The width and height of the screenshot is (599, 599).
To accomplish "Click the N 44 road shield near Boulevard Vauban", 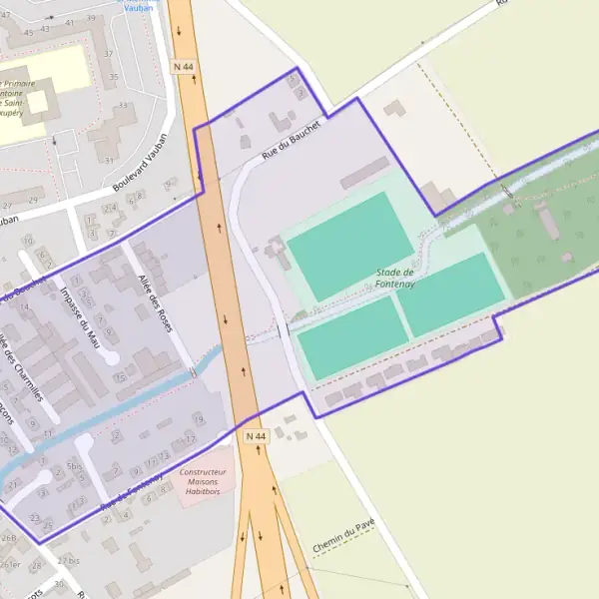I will pyautogui.click(x=183, y=66).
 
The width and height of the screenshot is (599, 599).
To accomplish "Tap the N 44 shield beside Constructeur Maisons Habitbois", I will pyautogui.click(x=256, y=437).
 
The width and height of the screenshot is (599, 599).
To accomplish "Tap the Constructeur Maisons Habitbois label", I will pyautogui.click(x=203, y=480).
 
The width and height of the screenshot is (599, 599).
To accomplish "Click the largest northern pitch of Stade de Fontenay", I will pyautogui.click(x=349, y=246).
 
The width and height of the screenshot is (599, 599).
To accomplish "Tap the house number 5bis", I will pyautogui.click(x=74, y=466).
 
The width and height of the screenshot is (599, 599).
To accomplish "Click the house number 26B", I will pyautogui.click(x=9, y=538).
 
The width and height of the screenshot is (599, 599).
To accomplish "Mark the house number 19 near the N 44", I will pyautogui.click(x=198, y=420).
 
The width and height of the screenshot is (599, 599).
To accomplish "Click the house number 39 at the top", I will pyautogui.click(x=91, y=19).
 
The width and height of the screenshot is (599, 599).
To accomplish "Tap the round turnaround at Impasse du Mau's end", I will pyautogui.click(x=112, y=357).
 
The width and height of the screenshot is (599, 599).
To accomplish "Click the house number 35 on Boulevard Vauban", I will pyautogui.click(x=113, y=76).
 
